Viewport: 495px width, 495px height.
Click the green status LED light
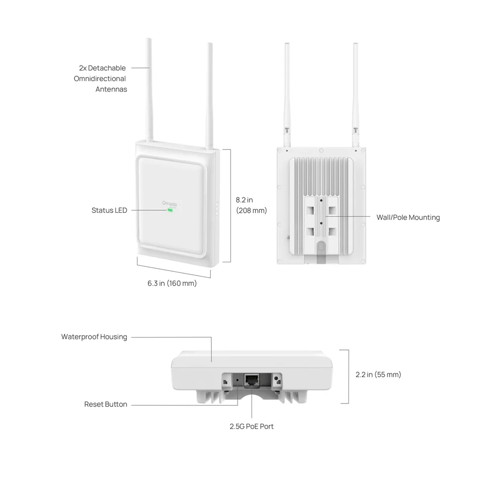[x=170, y=210]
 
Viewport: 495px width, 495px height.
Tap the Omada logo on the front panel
[x=169, y=204]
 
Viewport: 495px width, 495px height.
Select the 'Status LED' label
[x=109, y=210]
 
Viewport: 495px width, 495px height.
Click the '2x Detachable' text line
[x=102, y=68]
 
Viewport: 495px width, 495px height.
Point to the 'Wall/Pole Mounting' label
[x=408, y=217]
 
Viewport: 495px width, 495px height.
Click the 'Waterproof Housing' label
[x=94, y=337]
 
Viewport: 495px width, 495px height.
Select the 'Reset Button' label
[x=106, y=404]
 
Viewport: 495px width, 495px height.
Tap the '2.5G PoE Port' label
[x=251, y=426]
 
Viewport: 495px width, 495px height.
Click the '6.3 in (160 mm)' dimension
[x=172, y=283]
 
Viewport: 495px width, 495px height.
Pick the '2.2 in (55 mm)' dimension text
[x=378, y=374]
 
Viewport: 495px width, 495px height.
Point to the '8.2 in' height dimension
[x=245, y=200]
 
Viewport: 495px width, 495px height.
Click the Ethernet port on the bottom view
[x=252, y=380]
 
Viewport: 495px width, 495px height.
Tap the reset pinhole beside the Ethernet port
[x=238, y=380]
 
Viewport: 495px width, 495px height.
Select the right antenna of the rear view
[x=355, y=95]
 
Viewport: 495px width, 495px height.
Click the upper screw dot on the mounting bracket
[x=321, y=200]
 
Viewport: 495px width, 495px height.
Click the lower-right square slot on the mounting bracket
[x=333, y=231]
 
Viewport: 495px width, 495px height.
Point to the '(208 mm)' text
[x=251, y=210]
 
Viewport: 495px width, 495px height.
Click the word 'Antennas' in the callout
[x=111, y=89]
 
